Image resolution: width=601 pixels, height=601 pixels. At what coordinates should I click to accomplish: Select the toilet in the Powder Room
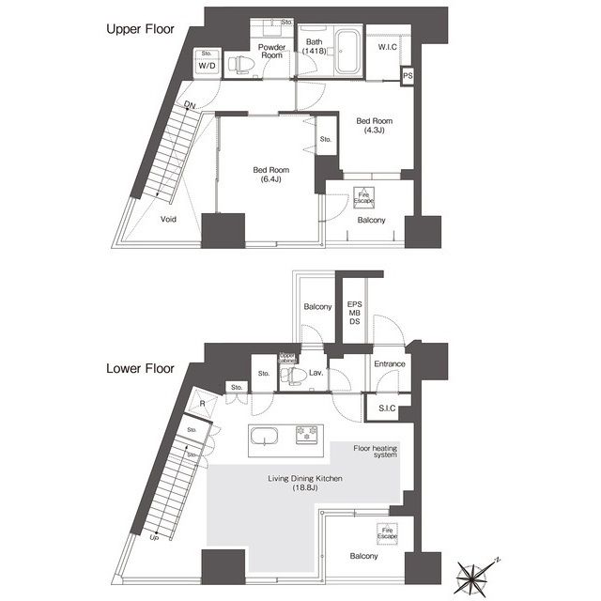[242, 64]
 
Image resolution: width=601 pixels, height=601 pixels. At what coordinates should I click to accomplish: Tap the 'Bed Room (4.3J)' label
[373, 126]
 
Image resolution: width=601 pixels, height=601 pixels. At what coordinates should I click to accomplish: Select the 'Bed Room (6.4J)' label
[268, 176]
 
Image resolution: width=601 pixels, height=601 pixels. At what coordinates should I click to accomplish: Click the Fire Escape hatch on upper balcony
[362, 198]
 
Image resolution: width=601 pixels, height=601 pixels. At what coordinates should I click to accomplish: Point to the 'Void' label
[169, 219]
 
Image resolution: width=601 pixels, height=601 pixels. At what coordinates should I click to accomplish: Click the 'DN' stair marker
[190, 104]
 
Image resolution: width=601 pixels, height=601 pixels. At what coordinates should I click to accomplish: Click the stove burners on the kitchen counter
[307, 436]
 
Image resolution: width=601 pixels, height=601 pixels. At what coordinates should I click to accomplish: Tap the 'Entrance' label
[389, 364]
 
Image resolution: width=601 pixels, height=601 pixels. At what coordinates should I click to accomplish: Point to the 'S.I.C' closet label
[387, 407]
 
